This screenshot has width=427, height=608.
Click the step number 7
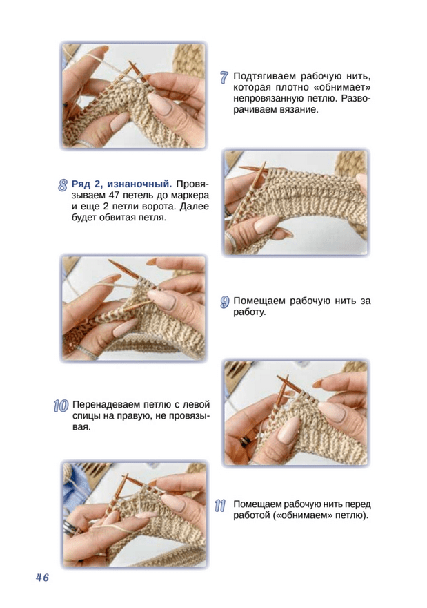tap(224, 77)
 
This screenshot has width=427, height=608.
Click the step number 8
tap(63, 184)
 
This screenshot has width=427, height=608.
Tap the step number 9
tap(225, 302)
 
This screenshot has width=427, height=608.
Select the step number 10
tap(61, 406)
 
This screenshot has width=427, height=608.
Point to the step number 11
tap(220, 505)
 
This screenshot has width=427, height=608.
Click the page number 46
tap(43, 578)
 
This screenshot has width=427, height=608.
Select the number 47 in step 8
tap(110, 195)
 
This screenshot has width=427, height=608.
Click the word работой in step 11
tap(251, 516)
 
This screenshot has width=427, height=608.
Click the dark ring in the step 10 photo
tap(246, 441)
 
